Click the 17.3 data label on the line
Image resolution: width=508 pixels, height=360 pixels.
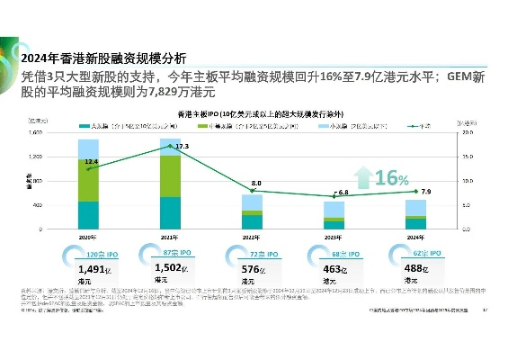[183, 146]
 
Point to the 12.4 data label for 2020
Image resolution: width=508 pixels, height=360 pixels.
[91, 162]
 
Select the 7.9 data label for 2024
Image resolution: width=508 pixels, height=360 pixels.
[426, 192]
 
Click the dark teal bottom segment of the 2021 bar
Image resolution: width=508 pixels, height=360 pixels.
[169, 212]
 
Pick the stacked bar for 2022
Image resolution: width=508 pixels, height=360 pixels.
[253, 211]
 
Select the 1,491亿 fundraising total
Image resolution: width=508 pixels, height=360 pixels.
[94, 269]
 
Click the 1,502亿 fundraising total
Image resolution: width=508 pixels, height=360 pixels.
[171, 269]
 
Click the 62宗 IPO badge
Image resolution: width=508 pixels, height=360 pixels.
[417, 255]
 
